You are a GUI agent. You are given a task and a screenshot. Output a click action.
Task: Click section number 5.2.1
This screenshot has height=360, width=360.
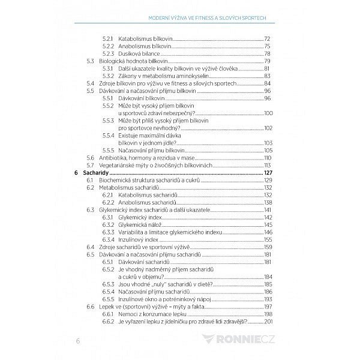click(x=107, y=38)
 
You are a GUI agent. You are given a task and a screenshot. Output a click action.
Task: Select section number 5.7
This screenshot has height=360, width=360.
click(x=91, y=165)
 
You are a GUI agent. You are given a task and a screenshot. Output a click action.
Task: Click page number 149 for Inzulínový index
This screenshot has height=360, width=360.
click(x=268, y=239)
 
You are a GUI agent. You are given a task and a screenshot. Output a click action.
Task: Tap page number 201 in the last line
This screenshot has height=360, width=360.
click(x=268, y=321)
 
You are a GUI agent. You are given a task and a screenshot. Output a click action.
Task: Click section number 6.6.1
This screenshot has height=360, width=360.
click(x=108, y=313)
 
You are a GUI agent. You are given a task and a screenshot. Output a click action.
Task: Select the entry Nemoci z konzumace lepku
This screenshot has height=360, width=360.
click(x=149, y=313)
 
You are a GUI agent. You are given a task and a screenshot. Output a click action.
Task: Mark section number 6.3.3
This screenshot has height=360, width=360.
click(x=108, y=232)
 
